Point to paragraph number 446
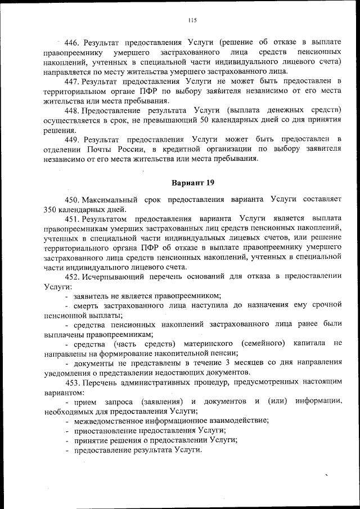click(x=73, y=42)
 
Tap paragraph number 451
click(x=73, y=219)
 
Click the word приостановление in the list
click(x=103, y=431)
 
